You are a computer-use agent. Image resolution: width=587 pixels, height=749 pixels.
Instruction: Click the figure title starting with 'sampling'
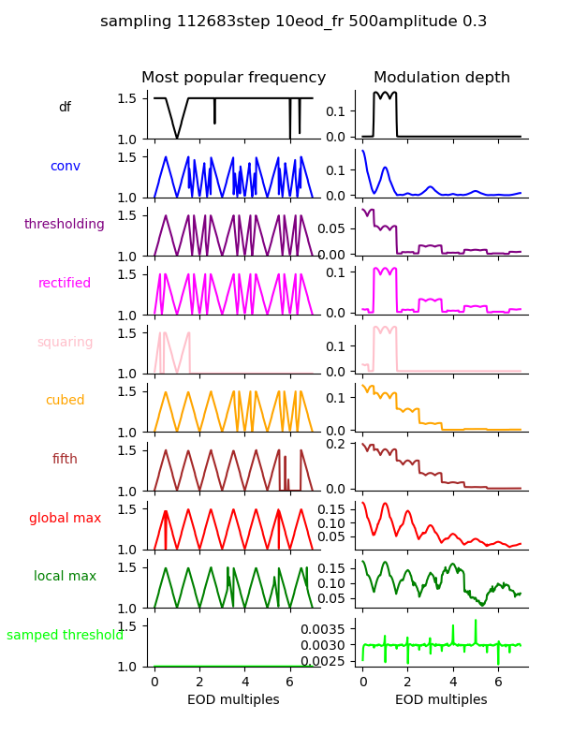(x=293, y=22)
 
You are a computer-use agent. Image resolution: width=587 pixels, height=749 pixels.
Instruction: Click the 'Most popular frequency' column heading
(x=233, y=78)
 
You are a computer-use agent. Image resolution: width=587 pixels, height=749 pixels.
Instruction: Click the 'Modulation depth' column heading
(x=442, y=78)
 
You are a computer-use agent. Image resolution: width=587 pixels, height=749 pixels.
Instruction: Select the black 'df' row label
(x=65, y=108)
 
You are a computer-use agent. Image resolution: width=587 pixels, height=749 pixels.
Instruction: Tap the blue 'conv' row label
(x=65, y=167)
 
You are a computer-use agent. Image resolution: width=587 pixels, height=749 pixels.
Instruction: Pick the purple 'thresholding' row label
(x=65, y=225)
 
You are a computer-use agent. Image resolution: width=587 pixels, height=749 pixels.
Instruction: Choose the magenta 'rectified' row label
(x=65, y=284)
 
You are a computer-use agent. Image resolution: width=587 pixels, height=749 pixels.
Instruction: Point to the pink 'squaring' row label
(x=65, y=343)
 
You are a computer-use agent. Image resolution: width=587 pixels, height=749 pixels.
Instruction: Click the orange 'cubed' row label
(x=65, y=401)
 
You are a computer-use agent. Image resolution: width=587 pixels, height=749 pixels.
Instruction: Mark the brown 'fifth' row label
(x=65, y=460)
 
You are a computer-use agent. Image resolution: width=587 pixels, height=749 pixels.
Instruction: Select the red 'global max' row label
(x=65, y=519)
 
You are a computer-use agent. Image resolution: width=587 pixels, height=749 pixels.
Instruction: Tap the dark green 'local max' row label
(x=65, y=577)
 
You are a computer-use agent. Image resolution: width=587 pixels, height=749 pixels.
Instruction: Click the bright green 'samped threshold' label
(x=65, y=636)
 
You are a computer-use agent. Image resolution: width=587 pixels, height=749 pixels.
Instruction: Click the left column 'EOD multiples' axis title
(x=233, y=700)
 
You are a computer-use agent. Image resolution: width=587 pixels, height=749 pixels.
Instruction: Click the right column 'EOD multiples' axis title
(x=441, y=700)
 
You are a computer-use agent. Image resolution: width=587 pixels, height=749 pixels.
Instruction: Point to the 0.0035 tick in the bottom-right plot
(x=325, y=627)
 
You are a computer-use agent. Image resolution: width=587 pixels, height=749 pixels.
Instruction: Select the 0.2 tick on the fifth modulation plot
(x=339, y=444)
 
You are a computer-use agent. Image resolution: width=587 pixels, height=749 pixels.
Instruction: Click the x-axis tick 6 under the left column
(x=290, y=683)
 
